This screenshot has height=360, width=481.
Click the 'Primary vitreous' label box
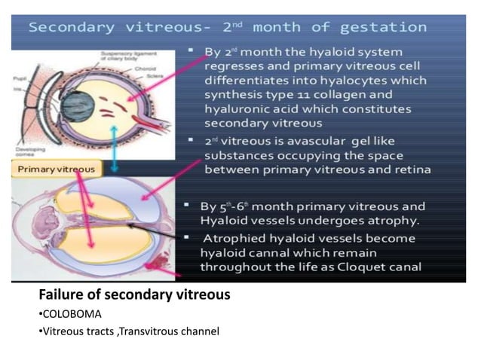click(x=57, y=169)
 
